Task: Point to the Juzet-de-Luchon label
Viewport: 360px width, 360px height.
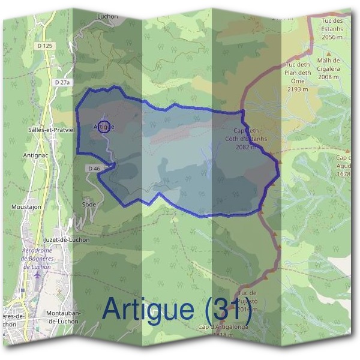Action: point(68,240)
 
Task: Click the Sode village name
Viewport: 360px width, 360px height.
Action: point(88,204)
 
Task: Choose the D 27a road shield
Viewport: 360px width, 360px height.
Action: point(62,82)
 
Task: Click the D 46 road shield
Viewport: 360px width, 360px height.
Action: point(94,169)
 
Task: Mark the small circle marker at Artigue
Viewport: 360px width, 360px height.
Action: point(104,126)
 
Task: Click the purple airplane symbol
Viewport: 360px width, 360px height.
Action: point(38,274)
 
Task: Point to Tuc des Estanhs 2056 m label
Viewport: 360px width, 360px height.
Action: point(335,29)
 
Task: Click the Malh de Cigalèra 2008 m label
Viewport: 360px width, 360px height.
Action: point(328,68)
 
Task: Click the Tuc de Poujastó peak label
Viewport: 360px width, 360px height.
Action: point(248,301)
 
